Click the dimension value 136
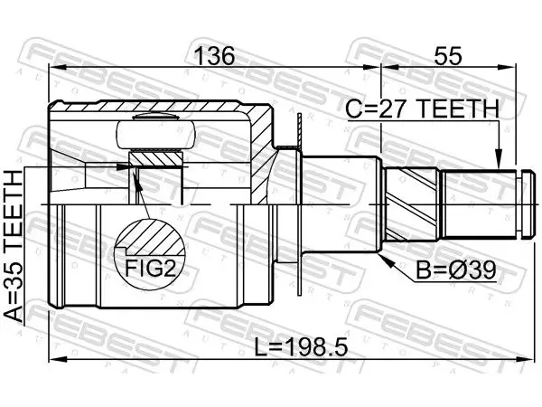tap(214, 56)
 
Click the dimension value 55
tap(448, 56)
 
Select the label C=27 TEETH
tap(423, 109)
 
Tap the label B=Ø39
tap(455, 270)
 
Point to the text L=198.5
tap(301, 348)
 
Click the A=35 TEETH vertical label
tap(14, 248)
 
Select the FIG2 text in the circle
tap(150, 269)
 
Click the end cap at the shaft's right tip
tap(528, 204)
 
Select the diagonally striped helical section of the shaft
tap(412, 204)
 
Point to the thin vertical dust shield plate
tap(299, 204)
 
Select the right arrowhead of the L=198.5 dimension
tap(525, 359)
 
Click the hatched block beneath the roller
tap(155, 159)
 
